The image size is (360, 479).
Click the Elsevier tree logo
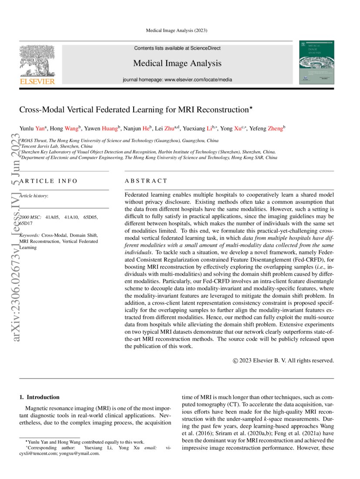(x=37, y=60)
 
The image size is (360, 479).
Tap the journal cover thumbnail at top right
(x=316, y=63)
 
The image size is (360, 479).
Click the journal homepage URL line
(x=177, y=80)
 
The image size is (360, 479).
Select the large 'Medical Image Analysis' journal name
(x=177, y=63)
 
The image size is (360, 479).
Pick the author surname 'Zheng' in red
(x=275, y=129)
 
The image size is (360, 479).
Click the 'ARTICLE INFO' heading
(x=49, y=181)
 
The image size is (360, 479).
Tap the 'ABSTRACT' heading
(x=146, y=181)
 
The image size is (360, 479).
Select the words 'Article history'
(x=34, y=196)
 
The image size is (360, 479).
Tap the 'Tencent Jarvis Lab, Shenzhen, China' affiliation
(x=57, y=147)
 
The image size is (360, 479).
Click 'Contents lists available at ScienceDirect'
(x=177, y=48)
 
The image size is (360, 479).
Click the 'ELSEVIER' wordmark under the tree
(x=37, y=81)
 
